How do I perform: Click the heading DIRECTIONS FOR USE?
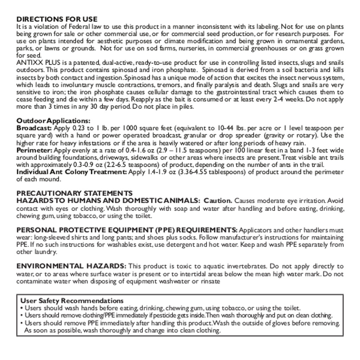click(57, 19)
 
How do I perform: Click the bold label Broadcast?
click(34, 128)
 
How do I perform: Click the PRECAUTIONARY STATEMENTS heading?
click(75, 193)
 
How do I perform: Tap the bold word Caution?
click(218, 201)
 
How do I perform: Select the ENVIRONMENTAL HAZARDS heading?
click(71, 266)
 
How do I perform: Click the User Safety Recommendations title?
click(72, 301)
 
